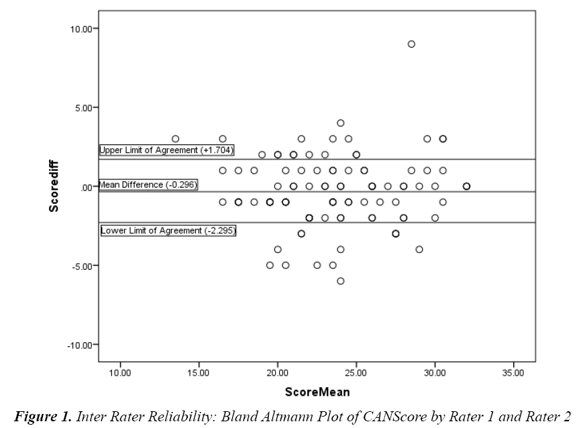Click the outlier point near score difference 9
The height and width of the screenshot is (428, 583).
click(x=411, y=44)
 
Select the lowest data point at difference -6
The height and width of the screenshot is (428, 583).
click(x=341, y=281)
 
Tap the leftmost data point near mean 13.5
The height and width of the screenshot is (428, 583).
click(x=176, y=139)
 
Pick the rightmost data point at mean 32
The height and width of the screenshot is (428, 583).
click(x=466, y=186)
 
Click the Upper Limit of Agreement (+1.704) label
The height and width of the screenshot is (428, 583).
click(x=166, y=150)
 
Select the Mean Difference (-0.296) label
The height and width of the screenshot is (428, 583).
click(x=148, y=184)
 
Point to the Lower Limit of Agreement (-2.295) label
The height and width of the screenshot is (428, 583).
click(x=168, y=231)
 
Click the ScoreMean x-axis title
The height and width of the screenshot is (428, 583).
click(x=317, y=391)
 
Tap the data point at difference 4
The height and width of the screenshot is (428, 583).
click(x=341, y=123)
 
